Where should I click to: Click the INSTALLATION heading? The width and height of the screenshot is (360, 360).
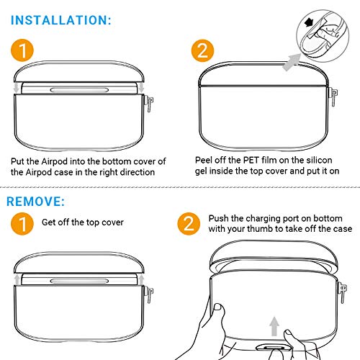point(61,20)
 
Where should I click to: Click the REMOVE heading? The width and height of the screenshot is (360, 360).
point(36,202)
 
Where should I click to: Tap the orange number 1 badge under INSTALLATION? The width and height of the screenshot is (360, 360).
point(22,50)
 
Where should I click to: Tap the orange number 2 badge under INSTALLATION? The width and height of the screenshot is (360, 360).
point(202,50)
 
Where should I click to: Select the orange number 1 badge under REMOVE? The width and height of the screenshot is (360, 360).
point(22,224)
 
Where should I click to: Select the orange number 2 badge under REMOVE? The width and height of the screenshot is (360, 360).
point(189,224)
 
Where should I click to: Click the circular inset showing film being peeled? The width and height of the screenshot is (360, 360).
point(323,36)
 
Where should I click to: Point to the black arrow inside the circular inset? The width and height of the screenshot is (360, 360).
point(309,23)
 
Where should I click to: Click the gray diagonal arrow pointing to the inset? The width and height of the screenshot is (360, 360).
point(292,62)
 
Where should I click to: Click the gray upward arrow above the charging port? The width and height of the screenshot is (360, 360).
point(274,326)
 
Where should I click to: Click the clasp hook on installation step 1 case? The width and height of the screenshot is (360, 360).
point(149,104)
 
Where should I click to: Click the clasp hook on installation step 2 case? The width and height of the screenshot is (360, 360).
point(334,96)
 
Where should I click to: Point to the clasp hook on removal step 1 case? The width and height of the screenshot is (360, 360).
point(149,295)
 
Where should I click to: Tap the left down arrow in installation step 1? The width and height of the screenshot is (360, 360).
point(16,88)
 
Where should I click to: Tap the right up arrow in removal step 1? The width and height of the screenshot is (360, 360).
point(141,279)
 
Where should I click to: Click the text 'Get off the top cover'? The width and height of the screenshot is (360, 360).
point(83,222)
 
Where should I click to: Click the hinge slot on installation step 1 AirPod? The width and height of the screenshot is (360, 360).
point(79,90)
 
